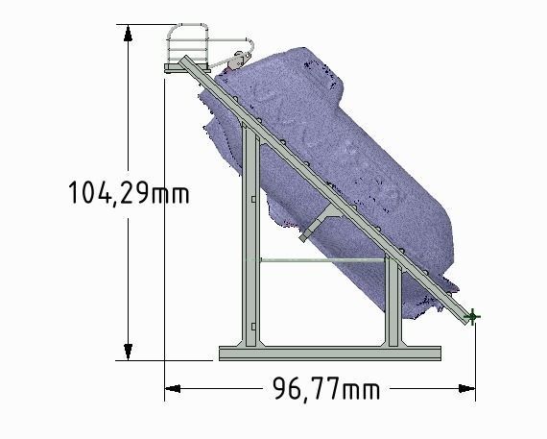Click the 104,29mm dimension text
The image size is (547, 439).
coord(129,193)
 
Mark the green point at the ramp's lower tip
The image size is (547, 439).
coord(472,316)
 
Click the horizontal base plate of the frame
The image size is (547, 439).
coord(330,354)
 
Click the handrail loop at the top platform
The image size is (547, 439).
coord(189,38)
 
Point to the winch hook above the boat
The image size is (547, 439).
coord(236,60)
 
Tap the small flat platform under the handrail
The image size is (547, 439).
coord(182,63)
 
